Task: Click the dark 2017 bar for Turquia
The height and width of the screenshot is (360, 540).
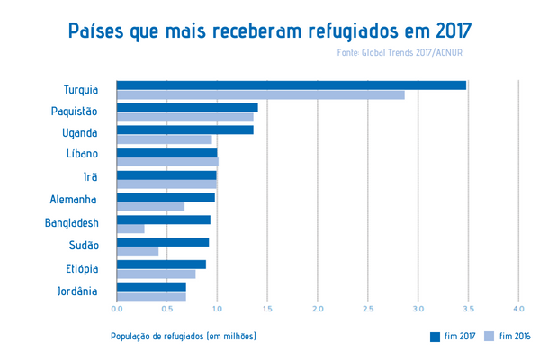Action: click(x=291, y=85)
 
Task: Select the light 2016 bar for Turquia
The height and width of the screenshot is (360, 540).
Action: click(x=260, y=94)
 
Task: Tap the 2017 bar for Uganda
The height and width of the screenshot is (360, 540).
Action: click(x=184, y=130)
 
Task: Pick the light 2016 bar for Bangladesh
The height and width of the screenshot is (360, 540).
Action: click(x=130, y=229)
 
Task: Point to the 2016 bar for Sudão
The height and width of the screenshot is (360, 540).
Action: click(x=138, y=251)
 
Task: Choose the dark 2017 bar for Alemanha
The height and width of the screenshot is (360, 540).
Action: click(x=166, y=197)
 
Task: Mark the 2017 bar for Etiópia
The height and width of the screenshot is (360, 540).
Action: click(x=161, y=264)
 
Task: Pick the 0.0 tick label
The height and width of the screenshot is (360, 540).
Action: click(x=117, y=310)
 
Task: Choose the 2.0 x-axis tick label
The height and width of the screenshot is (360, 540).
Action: click(x=318, y=310)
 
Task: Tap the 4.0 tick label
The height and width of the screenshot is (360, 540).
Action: click(x=518, y=310)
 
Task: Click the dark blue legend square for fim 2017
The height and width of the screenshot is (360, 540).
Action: click(x=436, y=337)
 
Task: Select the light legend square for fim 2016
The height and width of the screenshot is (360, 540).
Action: click(x=490, y=337)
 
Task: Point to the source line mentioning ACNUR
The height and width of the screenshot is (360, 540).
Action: click(x=400, y=53)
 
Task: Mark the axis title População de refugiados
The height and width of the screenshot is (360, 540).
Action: click(x=184, y=337)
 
